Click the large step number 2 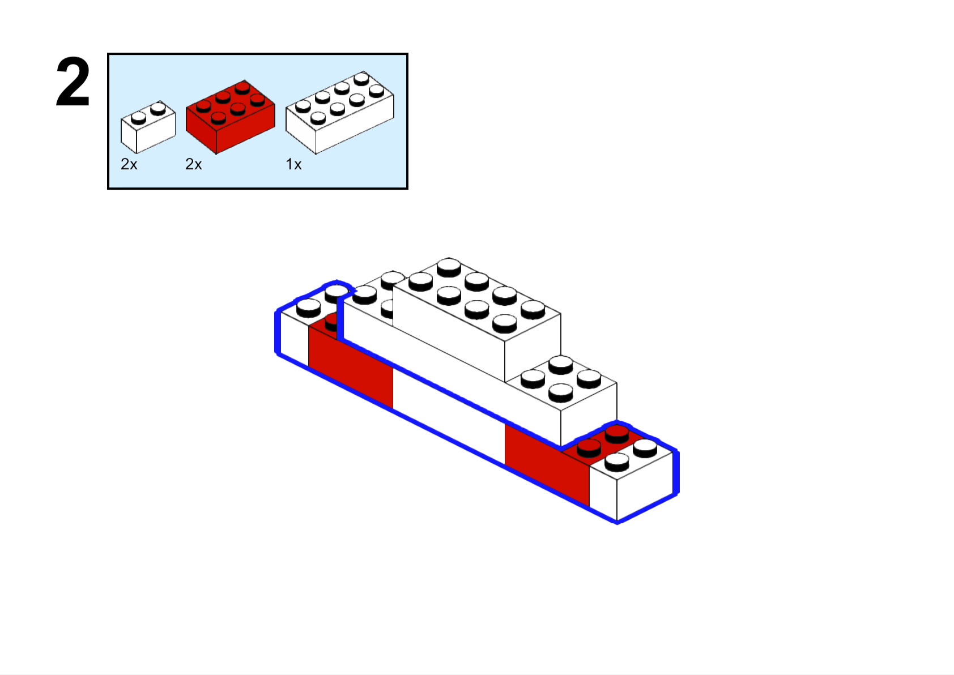point(73,82)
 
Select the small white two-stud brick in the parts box point(148,127)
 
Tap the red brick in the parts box point(231,117)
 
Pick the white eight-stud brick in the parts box point(340,112)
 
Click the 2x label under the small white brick point(129,164)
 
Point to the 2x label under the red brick point(193,164)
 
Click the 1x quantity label point(293,164)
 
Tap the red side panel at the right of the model point(547,464)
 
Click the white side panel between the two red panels point(449,416)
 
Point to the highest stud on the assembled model point(449,267)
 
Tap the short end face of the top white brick point(533,347)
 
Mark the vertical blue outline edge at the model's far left point(278,332)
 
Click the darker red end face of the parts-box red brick point(201,130)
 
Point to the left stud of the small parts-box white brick point(138,118)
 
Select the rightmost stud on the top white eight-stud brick point(533,309)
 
